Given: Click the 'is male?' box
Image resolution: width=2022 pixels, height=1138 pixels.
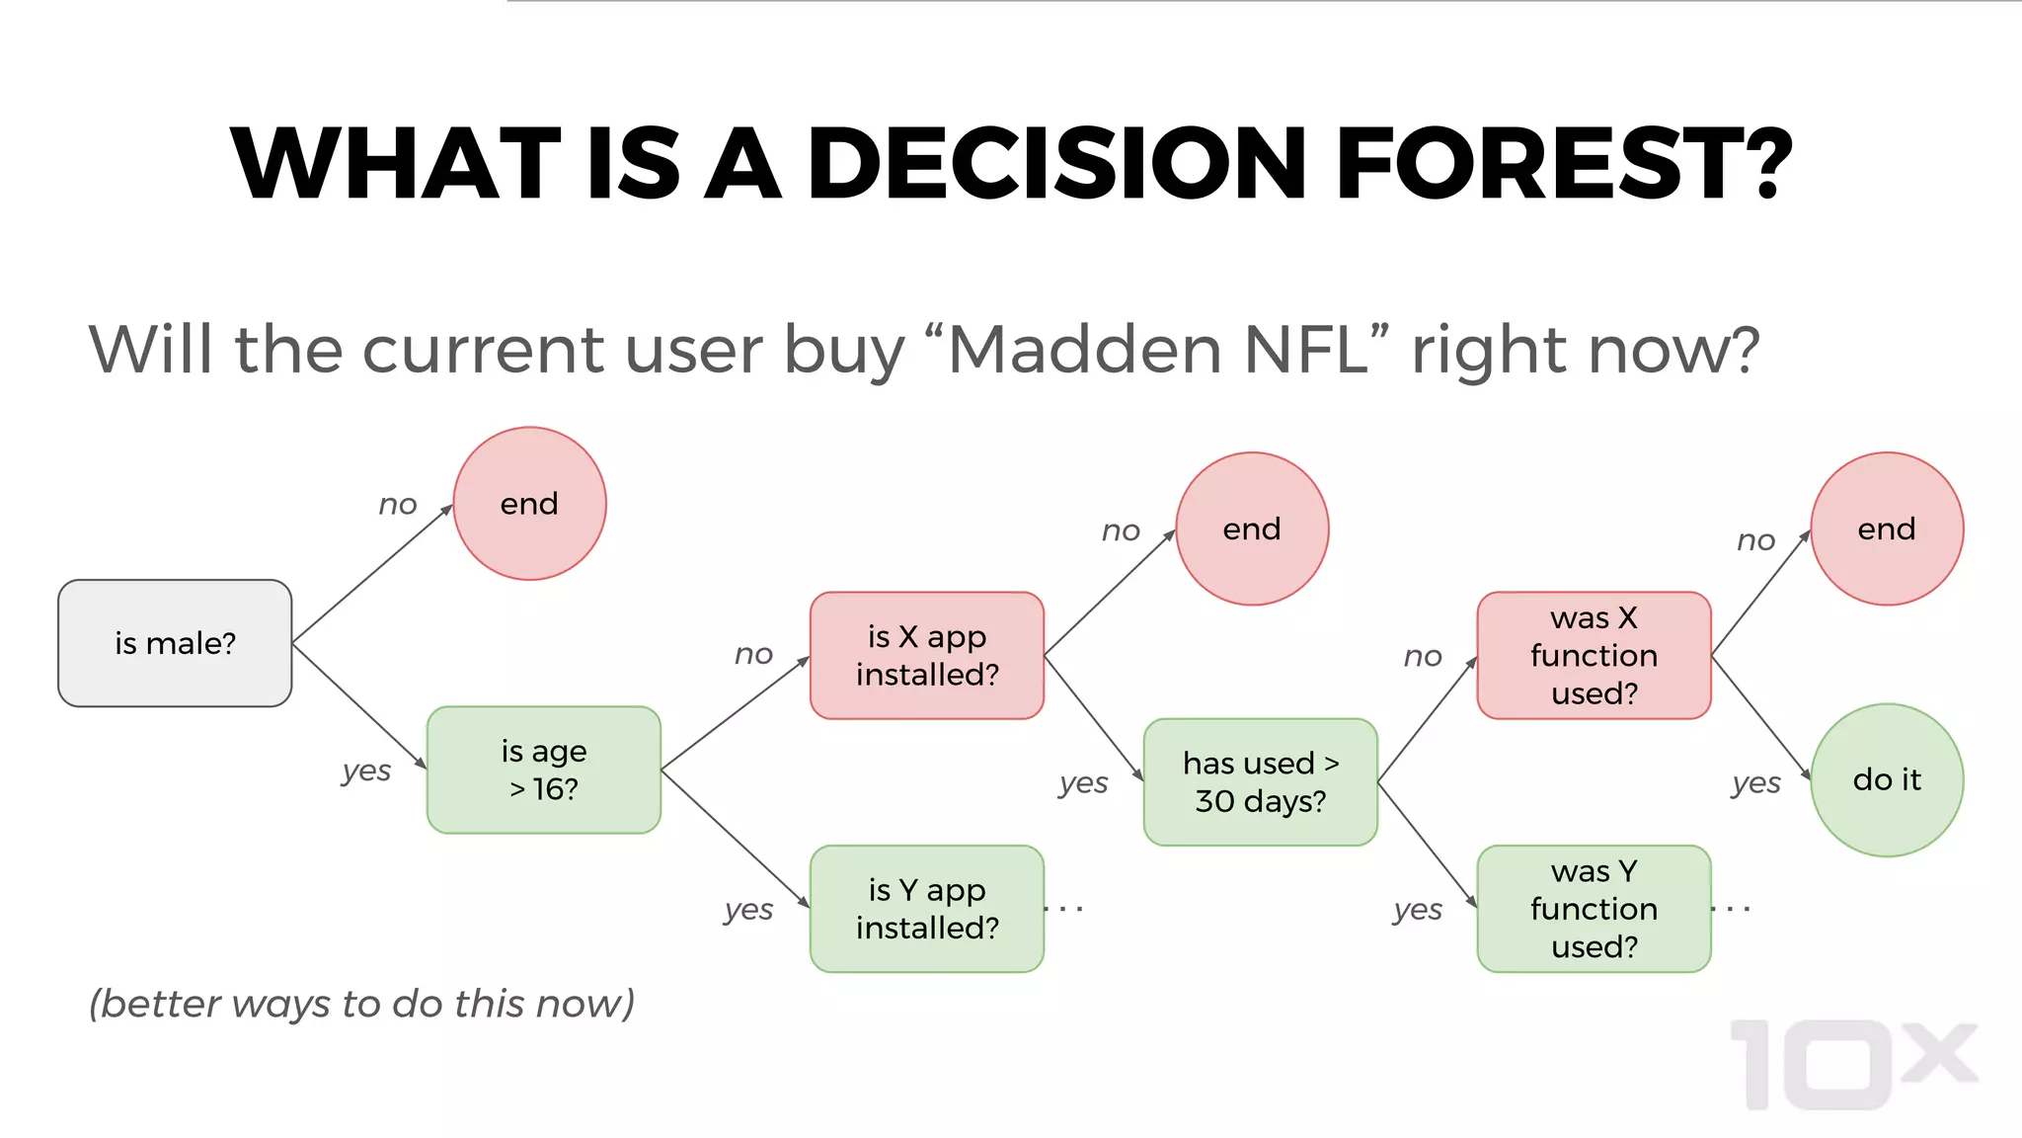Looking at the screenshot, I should (175, 643).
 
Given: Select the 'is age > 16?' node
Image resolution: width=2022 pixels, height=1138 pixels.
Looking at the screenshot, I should (543, 770).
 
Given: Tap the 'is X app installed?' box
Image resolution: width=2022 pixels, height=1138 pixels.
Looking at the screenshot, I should (926, 655).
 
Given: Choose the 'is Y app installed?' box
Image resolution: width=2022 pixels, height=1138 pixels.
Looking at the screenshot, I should (926, 908).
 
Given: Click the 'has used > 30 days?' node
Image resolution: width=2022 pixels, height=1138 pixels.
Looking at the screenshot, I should (1260, 781).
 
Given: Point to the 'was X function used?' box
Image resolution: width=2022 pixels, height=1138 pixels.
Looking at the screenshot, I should (1594, 655).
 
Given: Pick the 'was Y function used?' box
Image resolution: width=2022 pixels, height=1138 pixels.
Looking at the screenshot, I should (1594, 908).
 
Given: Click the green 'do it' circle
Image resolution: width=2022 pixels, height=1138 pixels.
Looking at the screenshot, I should (1887, 779).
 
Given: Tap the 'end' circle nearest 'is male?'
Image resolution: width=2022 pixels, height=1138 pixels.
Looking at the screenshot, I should (529, 504).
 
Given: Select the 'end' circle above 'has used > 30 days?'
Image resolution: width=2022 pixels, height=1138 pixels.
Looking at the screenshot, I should (1252, 528).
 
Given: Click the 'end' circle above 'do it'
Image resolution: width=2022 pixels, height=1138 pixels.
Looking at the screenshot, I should (1887, 528).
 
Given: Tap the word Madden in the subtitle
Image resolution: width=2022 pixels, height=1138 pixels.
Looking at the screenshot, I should (1084, 350).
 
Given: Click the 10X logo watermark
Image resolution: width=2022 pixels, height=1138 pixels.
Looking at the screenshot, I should (1854, 1065).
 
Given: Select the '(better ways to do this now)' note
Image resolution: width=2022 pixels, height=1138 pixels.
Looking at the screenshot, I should (361, 1004).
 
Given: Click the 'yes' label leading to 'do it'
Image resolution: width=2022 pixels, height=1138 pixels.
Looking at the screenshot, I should (1755, 783).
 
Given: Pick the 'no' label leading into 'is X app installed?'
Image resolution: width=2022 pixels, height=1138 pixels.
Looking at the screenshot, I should (753, 654).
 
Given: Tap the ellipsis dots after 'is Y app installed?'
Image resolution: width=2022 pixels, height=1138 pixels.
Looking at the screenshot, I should (1064, 908).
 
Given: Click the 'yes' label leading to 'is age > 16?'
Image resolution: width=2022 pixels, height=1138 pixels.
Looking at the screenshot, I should (366, 771).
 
